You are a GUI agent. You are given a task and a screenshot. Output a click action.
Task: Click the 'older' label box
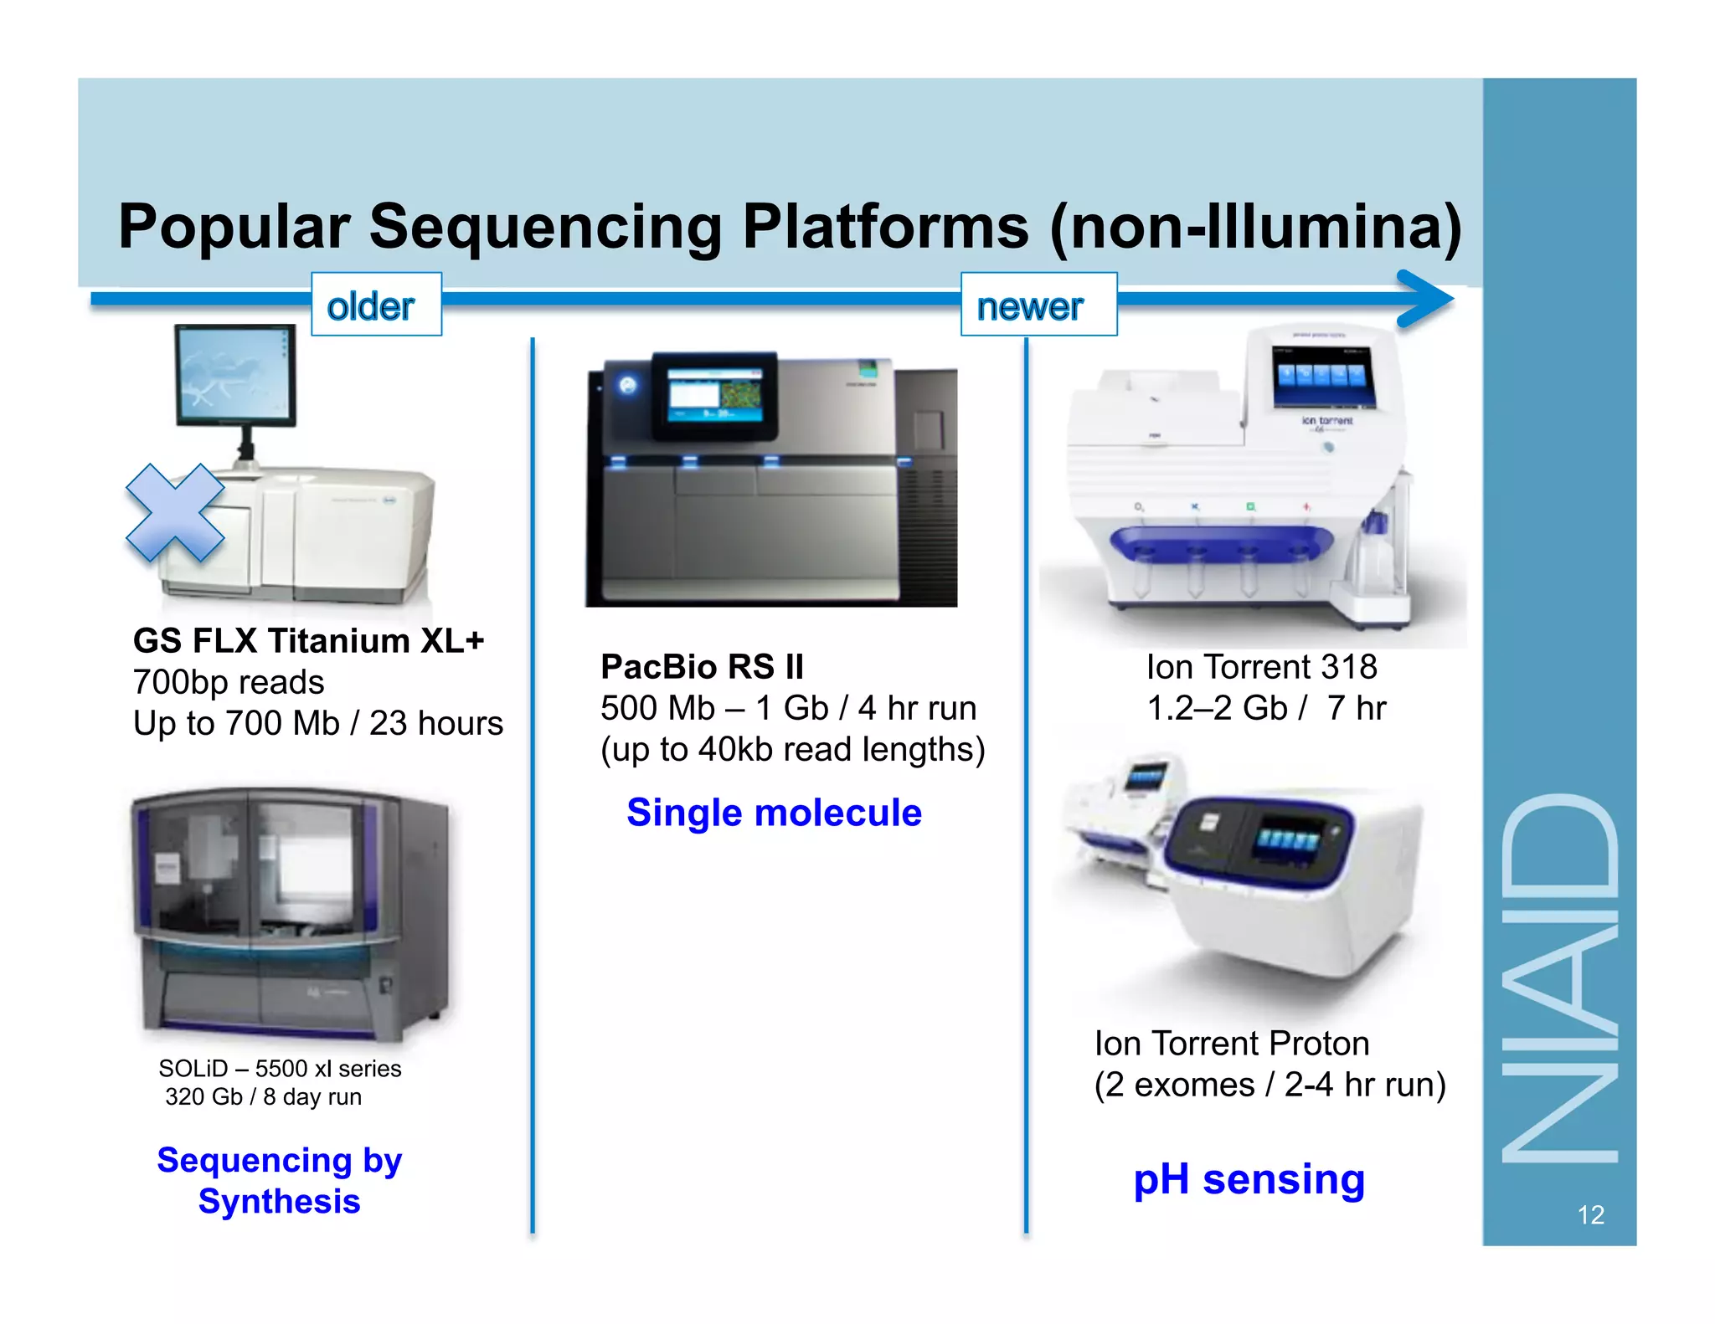[x=376, y=305]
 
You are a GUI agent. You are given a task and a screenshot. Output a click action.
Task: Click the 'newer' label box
[x=1038, y=305]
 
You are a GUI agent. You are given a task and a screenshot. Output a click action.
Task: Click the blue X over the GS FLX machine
[x=175, y=512]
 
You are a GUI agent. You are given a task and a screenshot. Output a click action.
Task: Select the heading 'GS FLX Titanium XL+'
[x=308, y=640]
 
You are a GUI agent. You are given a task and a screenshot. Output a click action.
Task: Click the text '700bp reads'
[x=228, y=682]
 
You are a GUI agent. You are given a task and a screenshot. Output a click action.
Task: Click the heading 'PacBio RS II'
[x=702, y=667]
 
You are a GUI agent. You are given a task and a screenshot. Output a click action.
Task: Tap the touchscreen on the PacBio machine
[x=714, y=395]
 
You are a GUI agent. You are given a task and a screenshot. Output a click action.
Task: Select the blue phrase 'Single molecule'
[x=774, y=813]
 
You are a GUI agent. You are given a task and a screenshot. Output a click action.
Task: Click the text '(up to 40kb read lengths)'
[x=792, y=749]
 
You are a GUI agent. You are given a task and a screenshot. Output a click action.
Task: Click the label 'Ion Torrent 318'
[x=1261, y=667]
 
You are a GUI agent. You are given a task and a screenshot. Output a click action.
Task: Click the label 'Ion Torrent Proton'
[x=1231, y=1044]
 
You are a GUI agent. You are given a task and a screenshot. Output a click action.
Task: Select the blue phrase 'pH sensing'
[x=1249, y=1179]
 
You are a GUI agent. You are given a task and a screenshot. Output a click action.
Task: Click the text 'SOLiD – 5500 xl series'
[x=280, y=1069]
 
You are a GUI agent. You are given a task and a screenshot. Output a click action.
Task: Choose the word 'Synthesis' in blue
[x=280, y=1201]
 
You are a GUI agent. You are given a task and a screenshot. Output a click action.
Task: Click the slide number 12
[x=1590, y=1214]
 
